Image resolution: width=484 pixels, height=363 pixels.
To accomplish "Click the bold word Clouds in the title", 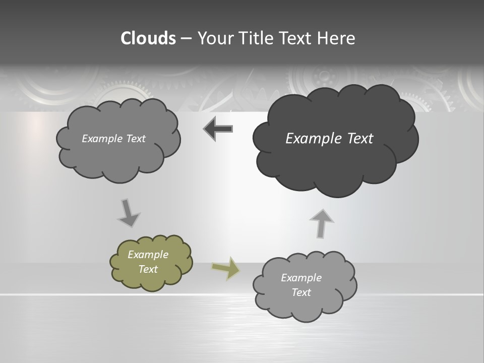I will point(148,38).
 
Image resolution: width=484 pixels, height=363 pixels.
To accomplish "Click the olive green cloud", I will point(151,262).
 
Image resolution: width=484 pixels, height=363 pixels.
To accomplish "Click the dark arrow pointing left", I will point(218,129).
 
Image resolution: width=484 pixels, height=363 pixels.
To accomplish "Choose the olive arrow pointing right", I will point(226,268).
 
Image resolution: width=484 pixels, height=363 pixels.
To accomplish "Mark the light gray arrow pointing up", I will point(321,223).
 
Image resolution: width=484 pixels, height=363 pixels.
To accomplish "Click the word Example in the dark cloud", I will point(308,139).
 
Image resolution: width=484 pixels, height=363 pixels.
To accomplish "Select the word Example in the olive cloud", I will point(148,255).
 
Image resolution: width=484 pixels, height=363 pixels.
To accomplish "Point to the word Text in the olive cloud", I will point(148,269).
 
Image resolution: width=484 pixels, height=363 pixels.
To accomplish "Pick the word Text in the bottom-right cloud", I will point(301,292).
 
